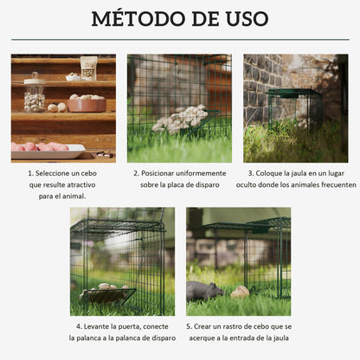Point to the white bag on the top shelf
click(x=88, y=67)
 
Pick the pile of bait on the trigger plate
click(x=179, y=119)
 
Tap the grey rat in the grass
click(x=204, y=290)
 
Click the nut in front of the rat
click(x=240, y=292)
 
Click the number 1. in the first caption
click(x=30, y=173)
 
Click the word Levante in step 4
click(x=102, y=325)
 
